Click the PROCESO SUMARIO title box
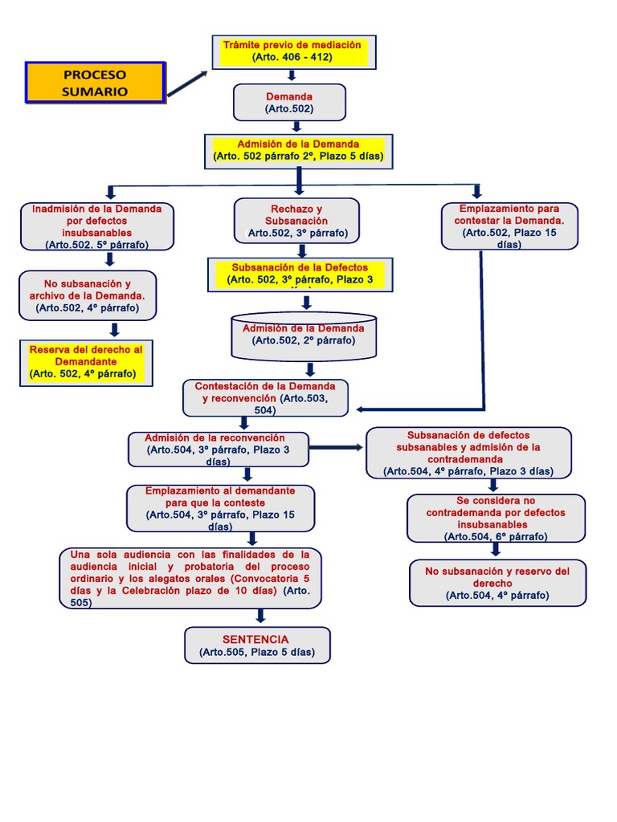click(x=95, y=82)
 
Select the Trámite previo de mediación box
click(x=292, y=51)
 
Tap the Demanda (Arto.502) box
click(x=289, y=102)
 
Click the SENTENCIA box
click(x=257, y=645)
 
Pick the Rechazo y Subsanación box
click(x=296, y=221)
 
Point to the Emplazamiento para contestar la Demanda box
click(x=509, y=226)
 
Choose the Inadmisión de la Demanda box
click(x=97, y=226)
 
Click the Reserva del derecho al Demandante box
click(x=86, y=362)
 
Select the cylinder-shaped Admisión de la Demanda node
click(x=304, y=336)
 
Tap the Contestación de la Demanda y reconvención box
click(x=265, y=398)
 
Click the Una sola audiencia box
click(x=190, y=578)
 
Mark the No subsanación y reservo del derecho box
click(x=497, y=583)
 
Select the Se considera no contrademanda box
click(x=496, y=518)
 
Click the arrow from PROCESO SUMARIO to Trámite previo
click(x=186, y=83)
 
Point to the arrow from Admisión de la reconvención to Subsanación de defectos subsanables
click(x=337, y=447)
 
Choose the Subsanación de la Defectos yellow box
click(x=300, y=275)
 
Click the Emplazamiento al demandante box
click(x=220, y=508)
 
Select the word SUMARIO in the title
click(x=95, y=92)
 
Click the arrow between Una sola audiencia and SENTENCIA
click(x=260, y=616)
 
